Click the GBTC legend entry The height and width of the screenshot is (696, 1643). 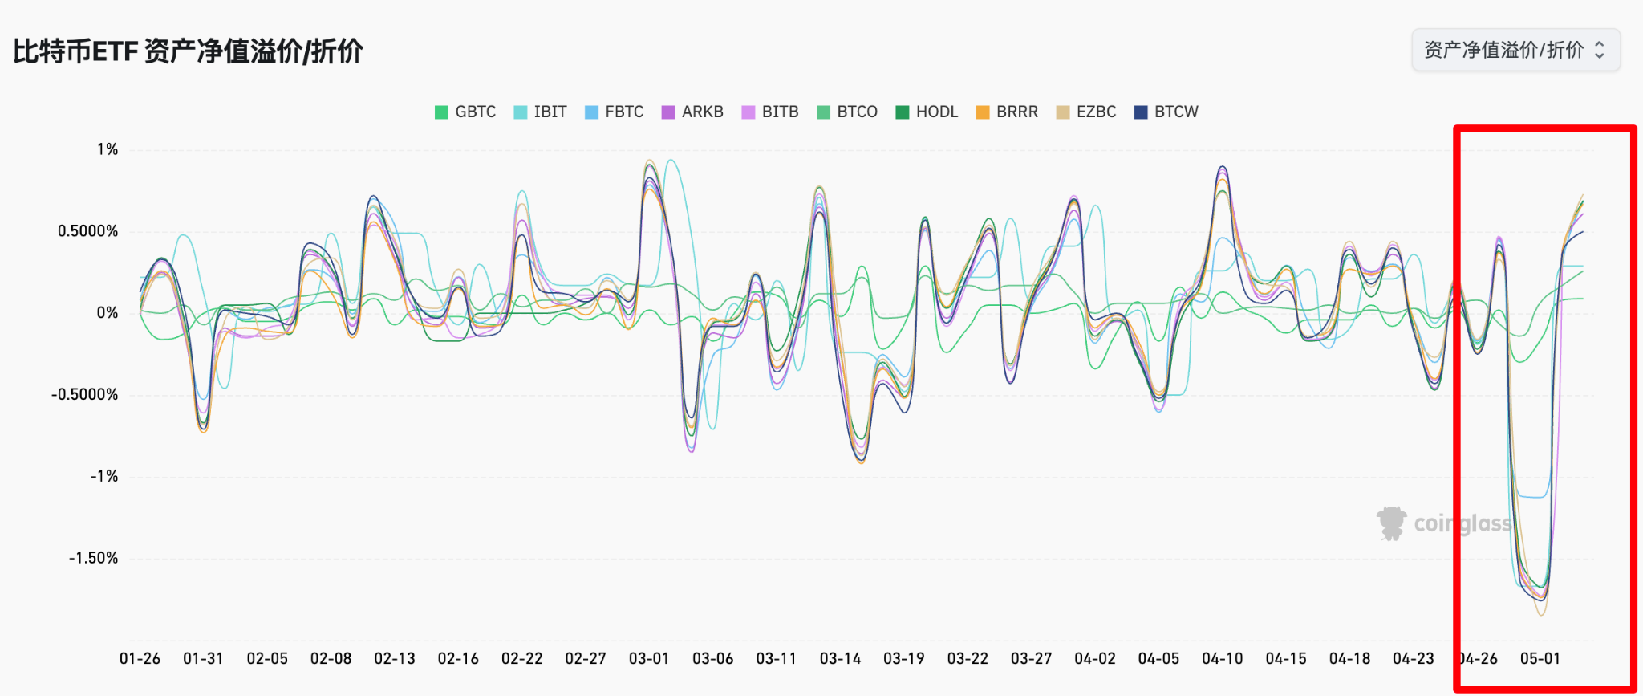[465, 112]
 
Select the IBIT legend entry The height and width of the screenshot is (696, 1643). [541, 112]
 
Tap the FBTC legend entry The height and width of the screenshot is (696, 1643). [615, 112]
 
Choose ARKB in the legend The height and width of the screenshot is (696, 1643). [692, 112]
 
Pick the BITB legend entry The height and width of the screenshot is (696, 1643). [770, 112]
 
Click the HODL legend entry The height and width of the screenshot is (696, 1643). [927, 112]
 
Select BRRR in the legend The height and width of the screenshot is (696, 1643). [1007, 112]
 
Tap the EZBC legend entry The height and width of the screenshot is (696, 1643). [1086, 112]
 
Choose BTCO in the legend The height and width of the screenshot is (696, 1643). [847, 112]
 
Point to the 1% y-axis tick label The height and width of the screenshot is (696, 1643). [108, 149]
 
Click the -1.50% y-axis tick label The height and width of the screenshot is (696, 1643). [93, 558]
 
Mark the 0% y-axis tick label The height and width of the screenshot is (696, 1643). [108, 313]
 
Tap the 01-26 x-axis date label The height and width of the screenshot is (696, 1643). [140, 659]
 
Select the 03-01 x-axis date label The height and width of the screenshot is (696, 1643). [649, 659]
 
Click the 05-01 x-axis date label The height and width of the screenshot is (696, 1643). [1540, 659]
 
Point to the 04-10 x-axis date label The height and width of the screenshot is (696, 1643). [1222, 659]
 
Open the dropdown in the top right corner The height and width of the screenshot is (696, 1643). [1515, 50]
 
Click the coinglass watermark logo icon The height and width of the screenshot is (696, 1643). [1391, 523]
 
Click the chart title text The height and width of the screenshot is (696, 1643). [189, 51]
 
